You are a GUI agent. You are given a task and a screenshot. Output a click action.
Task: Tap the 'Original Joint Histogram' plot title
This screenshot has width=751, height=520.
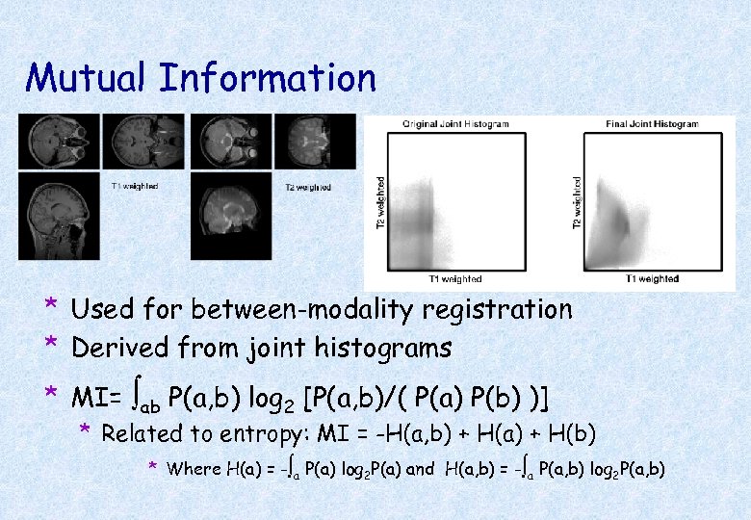coord(456,124)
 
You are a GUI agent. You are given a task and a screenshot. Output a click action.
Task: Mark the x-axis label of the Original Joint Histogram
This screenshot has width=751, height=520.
coord(455,279)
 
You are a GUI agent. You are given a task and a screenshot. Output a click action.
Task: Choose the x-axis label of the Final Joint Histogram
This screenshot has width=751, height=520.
coord(652,279)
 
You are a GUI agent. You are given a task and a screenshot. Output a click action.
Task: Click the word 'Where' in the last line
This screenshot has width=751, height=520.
coord(193,470)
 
